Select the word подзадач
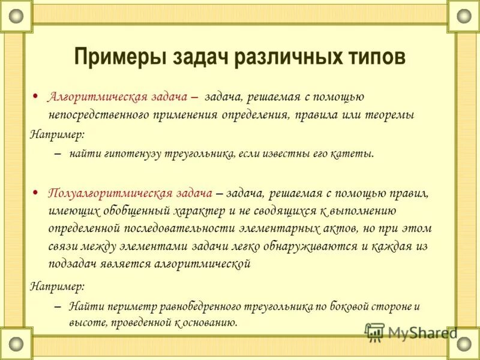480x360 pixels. [x=72, y=263]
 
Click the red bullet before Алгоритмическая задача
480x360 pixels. [x=35, y=96]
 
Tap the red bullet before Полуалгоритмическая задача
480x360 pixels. [x=35, y=193]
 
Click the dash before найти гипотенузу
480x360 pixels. [x=57, y=154]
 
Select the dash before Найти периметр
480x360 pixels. [x=57, y=307]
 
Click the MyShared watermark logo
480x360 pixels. [x=410, y=332]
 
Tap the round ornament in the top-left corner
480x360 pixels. [x=15, y=15]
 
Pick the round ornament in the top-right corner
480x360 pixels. [x=464, y=15]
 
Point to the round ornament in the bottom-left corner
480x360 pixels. [x=15, y=344]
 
